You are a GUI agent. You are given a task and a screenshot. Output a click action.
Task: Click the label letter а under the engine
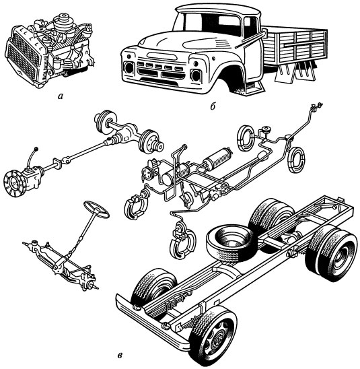coord(61,96)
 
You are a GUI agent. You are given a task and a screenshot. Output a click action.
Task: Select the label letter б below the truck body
coord(213,106)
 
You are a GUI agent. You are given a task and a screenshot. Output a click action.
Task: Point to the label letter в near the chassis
coord(120,356)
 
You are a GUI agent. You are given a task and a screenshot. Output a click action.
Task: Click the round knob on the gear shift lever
coord(36,149)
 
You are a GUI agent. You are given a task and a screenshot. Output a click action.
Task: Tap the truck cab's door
coord(252,58)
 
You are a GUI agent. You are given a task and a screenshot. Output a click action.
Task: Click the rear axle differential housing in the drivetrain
coord(128,133)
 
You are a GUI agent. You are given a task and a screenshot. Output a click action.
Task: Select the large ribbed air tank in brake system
coord(218,158)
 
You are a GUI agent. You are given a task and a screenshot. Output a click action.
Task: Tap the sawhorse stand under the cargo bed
coord(295,72)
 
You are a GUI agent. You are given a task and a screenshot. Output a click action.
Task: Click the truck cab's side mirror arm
coord(253,38)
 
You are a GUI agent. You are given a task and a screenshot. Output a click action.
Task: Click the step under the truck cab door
coord(254,88)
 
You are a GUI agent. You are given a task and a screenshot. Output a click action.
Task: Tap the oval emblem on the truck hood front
coord(162,56)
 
